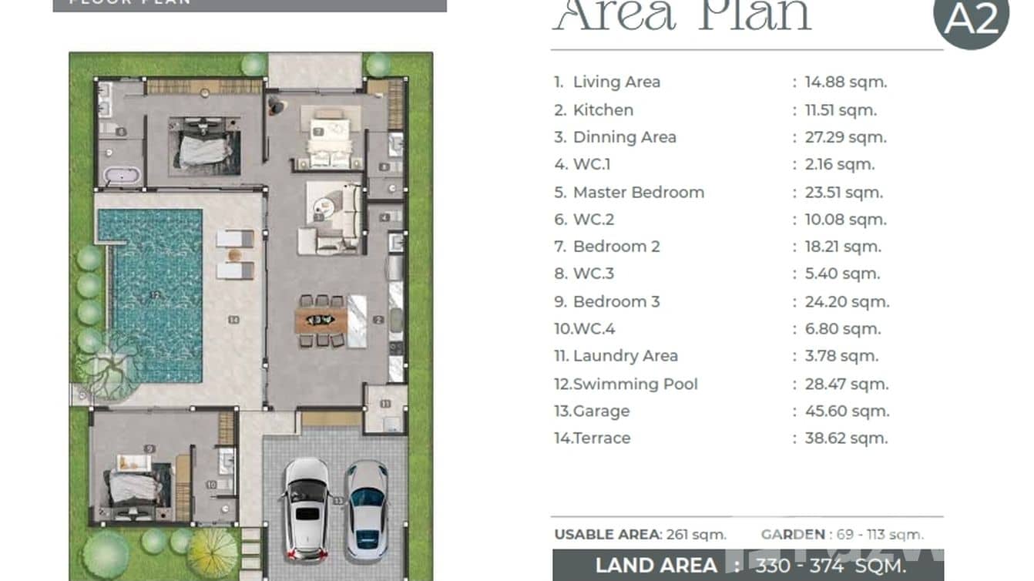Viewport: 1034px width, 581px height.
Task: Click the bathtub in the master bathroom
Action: (122, 176)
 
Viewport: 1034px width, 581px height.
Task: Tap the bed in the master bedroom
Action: (204, 147)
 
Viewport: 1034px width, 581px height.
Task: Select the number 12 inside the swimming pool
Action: (155, 294)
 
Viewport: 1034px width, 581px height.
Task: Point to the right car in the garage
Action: (366, 509)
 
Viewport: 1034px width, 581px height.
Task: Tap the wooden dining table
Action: (321, 320)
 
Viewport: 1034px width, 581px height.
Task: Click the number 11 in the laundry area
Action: (384, 404)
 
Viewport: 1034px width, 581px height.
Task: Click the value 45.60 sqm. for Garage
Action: (847, 411)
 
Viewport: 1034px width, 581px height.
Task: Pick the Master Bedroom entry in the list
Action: (638, 192)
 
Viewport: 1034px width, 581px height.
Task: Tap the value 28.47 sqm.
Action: (847, 384)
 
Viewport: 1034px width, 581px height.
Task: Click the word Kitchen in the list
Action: (603, 110)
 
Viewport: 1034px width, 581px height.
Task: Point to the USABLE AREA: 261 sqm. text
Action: (640, 534)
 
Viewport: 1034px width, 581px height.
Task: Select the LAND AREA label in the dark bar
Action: (656, 565)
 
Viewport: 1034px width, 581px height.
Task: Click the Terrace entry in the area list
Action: (601, 438)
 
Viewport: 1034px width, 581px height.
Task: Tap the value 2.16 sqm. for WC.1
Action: (840, 164)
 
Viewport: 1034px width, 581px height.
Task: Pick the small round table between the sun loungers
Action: (236, 254)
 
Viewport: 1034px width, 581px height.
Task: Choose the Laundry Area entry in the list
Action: (625, 356)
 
